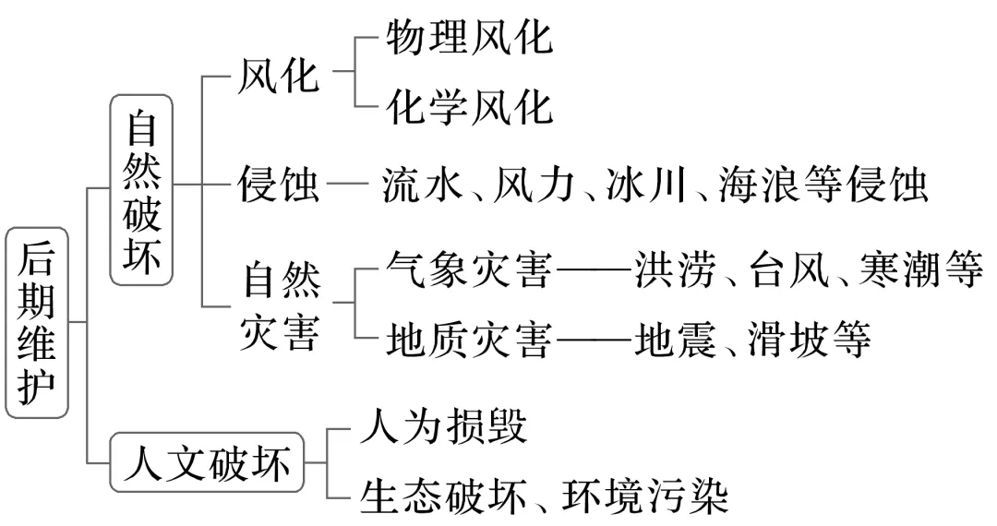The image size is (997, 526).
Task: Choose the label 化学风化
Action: click(x=468, y=106)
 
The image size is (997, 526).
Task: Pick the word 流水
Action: click(x=421, y=186)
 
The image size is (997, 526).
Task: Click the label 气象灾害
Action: click(x=468, y=271)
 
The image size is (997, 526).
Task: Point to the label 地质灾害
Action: click(x=468, y=341)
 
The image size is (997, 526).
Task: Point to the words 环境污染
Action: click(x=650, y=496)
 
